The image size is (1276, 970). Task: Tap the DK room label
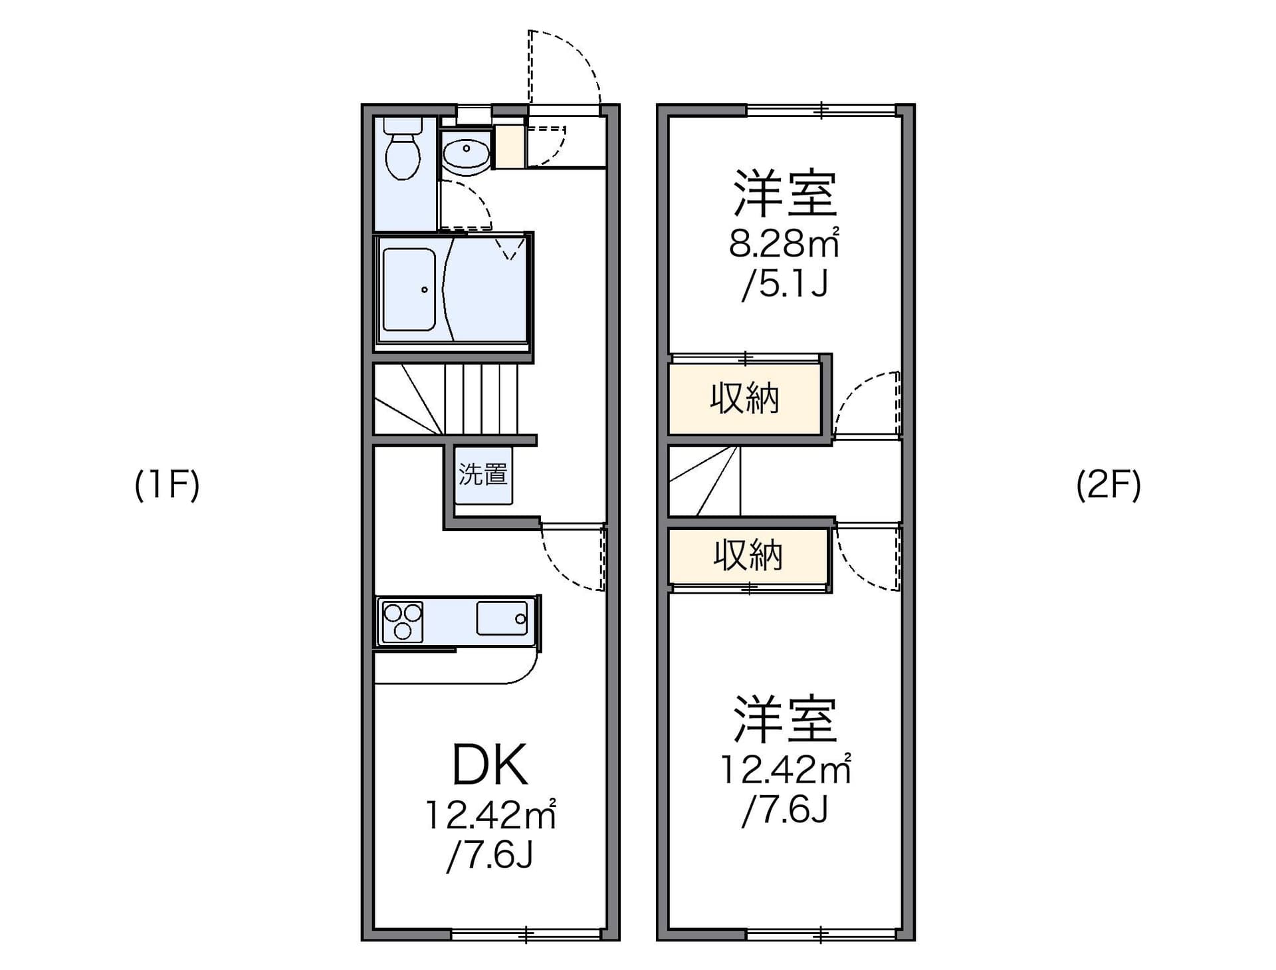490,765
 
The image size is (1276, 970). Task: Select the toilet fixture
403,150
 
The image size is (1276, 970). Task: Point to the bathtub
409,289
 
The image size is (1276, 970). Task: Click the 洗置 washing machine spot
483,475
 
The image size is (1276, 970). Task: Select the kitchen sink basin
502,618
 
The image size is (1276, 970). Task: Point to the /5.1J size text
785,284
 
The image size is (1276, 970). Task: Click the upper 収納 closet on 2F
745,399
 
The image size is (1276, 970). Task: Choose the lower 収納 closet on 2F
748,555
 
